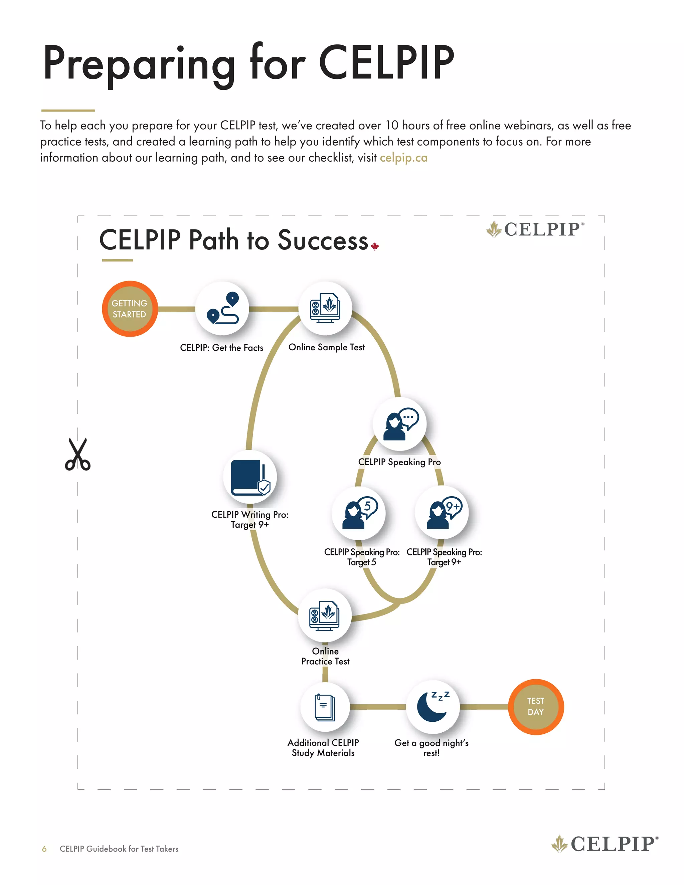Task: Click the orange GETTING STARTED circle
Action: point(130,309)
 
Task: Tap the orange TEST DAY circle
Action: point(536,707)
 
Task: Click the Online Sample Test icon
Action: point(325,308)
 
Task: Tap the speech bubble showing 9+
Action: point(453,507)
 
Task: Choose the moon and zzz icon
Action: point(433,707)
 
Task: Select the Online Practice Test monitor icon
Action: point(325,615)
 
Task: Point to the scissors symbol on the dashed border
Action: point(78,455)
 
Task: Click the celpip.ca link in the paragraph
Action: point(403,158)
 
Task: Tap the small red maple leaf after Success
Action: point(375,246)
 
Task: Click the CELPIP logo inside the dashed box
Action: point(535,229)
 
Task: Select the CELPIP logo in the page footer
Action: point(605,844)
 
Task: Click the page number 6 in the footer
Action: point(44,849)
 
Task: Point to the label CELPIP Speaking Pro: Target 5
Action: point(362,557)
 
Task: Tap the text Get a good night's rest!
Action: point(432,748)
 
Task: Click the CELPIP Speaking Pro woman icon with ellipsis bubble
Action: point(400,424)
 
